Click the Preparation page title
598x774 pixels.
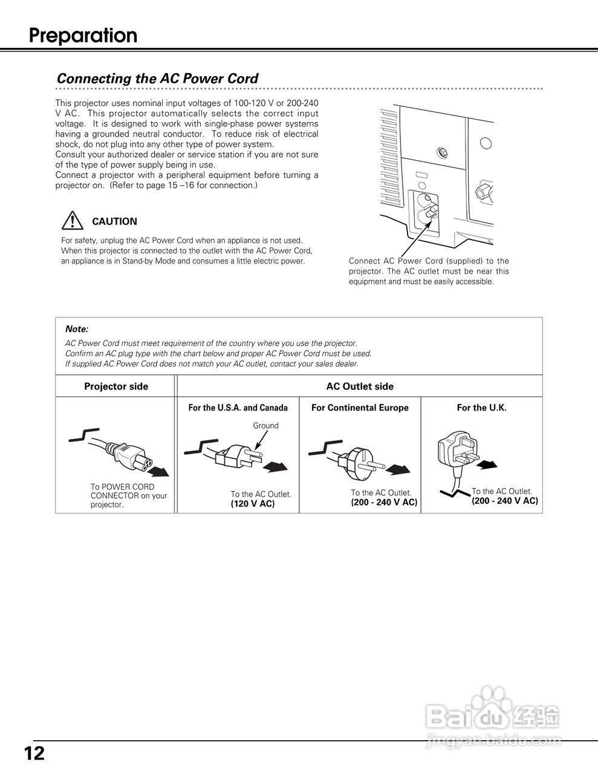(x=83, y=36)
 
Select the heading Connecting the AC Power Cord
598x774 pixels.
(x=157, y=79)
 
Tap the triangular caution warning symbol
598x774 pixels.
(x=72, y=221)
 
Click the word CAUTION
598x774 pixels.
(x=114, y=221)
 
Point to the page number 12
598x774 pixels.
(x=34, y=753)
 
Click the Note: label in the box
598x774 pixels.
(x=77, y=329)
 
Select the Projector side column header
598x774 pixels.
(x=116, y=386)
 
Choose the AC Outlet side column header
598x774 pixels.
(x=360, y=386)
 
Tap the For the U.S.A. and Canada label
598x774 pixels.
(x=238, y=408)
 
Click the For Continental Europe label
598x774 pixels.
(x=360, y=408)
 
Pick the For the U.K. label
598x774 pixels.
(x=481, y=408)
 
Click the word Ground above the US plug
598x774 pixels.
(x=265, y=426)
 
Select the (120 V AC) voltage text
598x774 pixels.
(x=253, y=504)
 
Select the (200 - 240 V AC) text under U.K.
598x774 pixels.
(x=505, y=501)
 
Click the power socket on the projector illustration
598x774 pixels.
(x=423, y=212)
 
